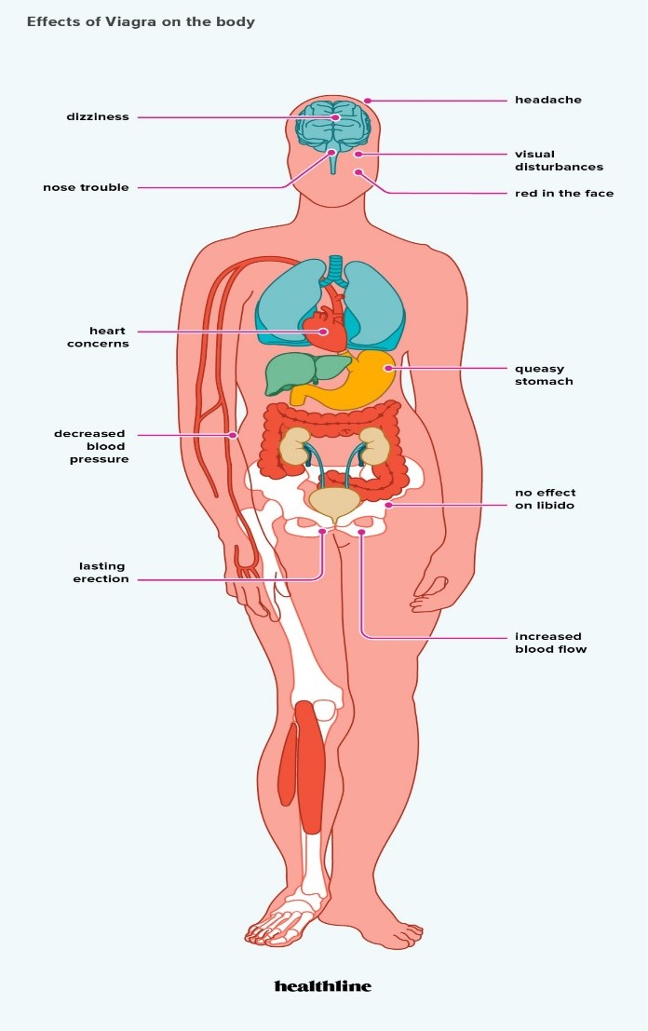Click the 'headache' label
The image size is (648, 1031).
pyautogui.click(x=548, y=100)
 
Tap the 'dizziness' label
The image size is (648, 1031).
pyautogui.click(x=97, y=117)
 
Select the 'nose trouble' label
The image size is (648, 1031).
pyautogui.click(x=86, y=187)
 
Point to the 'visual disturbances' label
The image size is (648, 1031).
pyautogui.click(x=559, y=160)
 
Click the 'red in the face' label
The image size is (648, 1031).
pyautogui.click(x=564, y=194)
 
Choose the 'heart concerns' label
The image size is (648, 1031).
pyautogui.click(x=98, y=337)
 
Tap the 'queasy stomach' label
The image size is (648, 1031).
pyautogui.click(x=544, y=374)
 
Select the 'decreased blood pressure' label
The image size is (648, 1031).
pyautogui.click(x=91, y=446)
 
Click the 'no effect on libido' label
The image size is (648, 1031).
pyautogui.click(x=545, y=499)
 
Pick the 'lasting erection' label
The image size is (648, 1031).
pyautogui.click(x=101, y=573)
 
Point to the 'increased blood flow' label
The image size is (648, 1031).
pyautogui.click(x=551, y=643)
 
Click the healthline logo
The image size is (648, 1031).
pyautogui.click(x=323, y=985)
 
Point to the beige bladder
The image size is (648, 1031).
pyautogui.click(x=334, y=503)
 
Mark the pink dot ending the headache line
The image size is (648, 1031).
pyautogui.click(x=368, y=101)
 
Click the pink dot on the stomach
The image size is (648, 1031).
pyautogui.click(x=388, y=368)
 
